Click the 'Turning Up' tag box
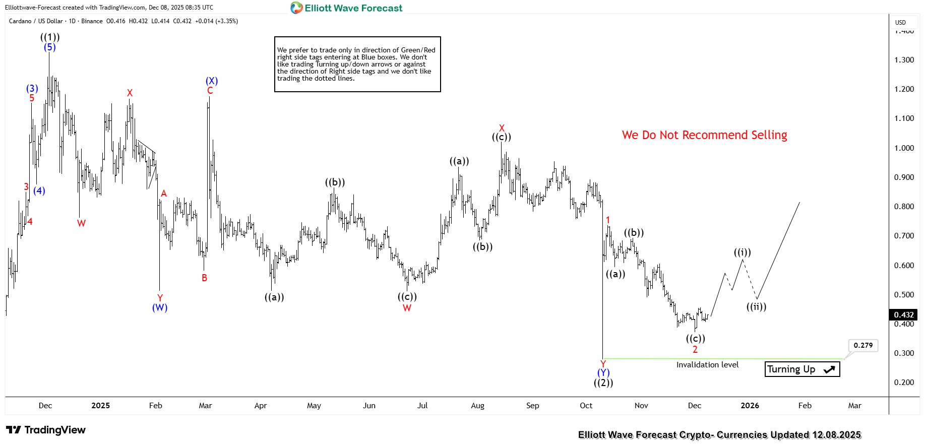pyautogui.click(x=801, y=369)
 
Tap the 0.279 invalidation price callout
pyautogui.click(x=863, y=346)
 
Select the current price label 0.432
pyautogui.click(x=903, y=315)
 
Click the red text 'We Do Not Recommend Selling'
pyautogui.click(x=704, y=135)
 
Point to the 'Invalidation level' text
pyautogui.click(x=707, y=365)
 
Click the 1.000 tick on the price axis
pyautogui.click(x=904, y=148)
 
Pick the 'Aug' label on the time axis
pyautogui.click(x=477, y=406)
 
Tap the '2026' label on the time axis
pyautogui.click(x=750, y=406)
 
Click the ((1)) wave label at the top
pyautogui.click(x=50, y=37)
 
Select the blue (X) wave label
pyautogui.click(x=212, y=81)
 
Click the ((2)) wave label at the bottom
pyautogui.click(x=603, y=383)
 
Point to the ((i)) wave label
pyautogui.click(x=742, y=252)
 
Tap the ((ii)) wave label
pyautogui.click(x=756, y=307)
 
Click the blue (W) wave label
pyautogui.click(x=160, y=307)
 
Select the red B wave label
pyautogui.click(x=204, y=278)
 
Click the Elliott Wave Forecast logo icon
pyautogui.click(x=296, y=8)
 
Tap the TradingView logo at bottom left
pyautogui.click(x=46, y=430)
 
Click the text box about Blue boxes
pyautogui.click(x=357, y=64)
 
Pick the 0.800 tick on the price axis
pyautogui.click(x=904, y=207)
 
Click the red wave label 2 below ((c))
pyautogui.click(x=695, y=350)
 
